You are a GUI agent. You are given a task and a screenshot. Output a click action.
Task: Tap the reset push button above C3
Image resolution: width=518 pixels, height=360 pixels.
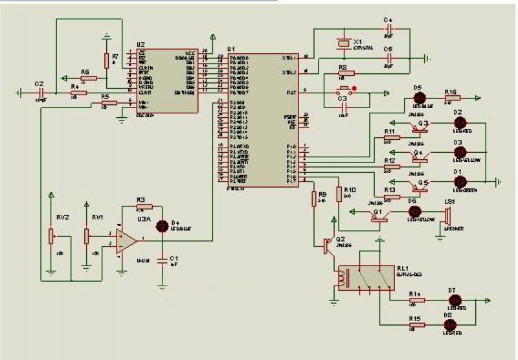[345, 89]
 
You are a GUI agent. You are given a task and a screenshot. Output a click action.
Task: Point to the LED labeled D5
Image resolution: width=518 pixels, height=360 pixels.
[418, 98]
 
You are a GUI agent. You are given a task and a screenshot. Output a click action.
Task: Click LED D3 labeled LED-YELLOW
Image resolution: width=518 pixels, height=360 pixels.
[458, 153]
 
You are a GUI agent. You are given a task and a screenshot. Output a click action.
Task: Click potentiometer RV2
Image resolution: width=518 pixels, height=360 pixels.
[51, 235]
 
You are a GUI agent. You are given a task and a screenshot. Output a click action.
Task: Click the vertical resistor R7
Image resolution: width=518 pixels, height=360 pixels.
[107, 60]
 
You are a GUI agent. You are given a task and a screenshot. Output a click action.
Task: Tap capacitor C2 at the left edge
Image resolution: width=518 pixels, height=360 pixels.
[39, 93]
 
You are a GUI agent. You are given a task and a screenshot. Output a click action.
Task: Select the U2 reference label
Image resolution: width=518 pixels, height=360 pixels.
[141, 45]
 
